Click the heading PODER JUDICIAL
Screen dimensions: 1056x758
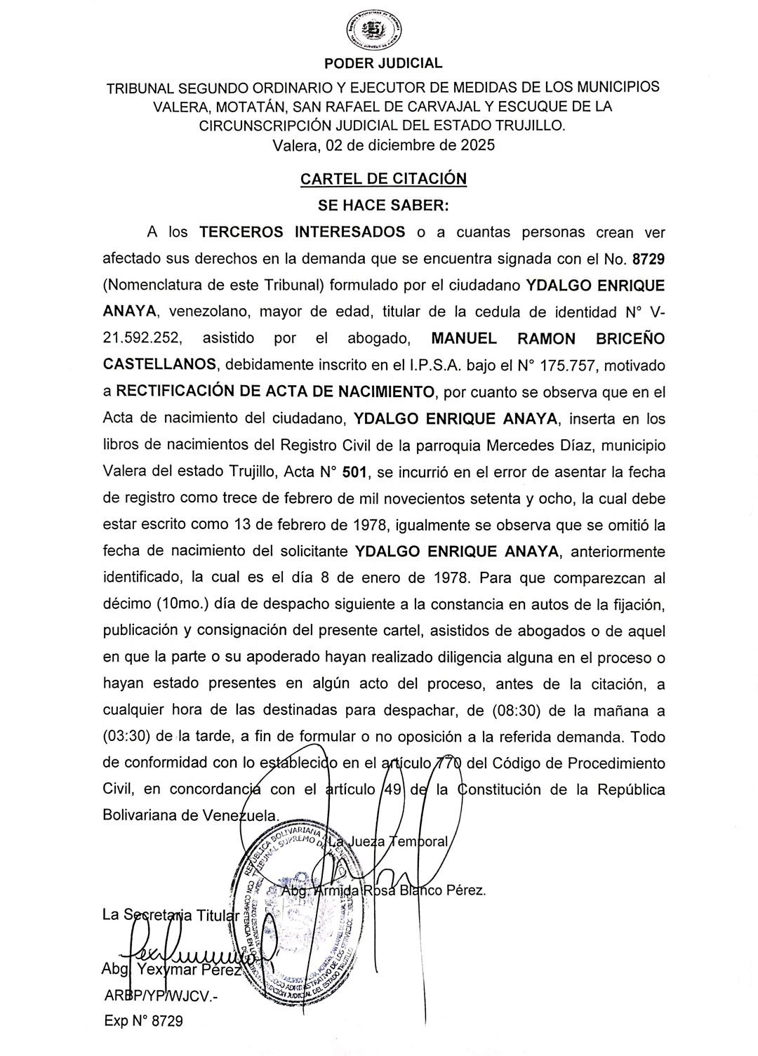pos(383,63)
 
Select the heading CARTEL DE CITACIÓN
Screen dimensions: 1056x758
pos(383,178)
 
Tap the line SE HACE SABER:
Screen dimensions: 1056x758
pos(383,206)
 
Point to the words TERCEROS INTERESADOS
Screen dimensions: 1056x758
pos(302,232)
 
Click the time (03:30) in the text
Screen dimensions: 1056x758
pos(128,737)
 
